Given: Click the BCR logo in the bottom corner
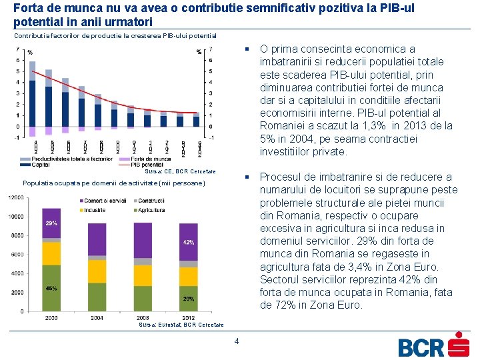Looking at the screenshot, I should (433, 345).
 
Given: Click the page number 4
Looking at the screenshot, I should (236, 342).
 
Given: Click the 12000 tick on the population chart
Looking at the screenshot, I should (15, 197).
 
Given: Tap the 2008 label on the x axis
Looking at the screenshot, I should (143, 318).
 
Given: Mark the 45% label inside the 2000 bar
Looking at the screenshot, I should (51, 289).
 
